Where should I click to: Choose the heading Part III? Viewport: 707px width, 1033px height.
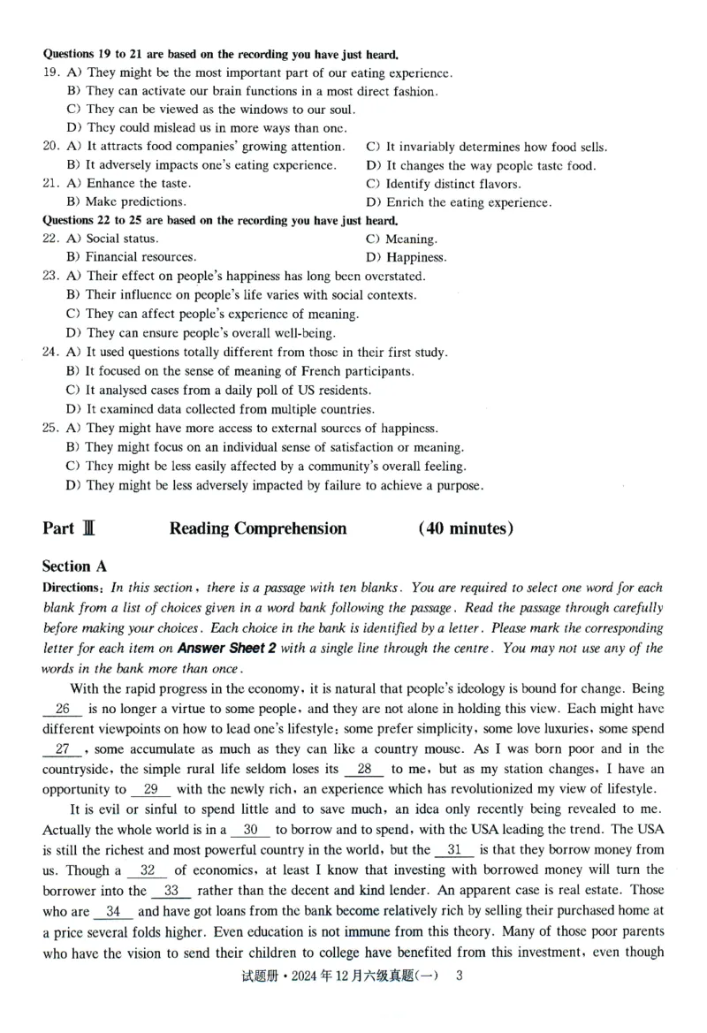pos(68,528)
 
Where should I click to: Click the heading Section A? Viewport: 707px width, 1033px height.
pos(79,566)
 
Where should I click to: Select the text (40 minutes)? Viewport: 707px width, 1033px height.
pos(466,528)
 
